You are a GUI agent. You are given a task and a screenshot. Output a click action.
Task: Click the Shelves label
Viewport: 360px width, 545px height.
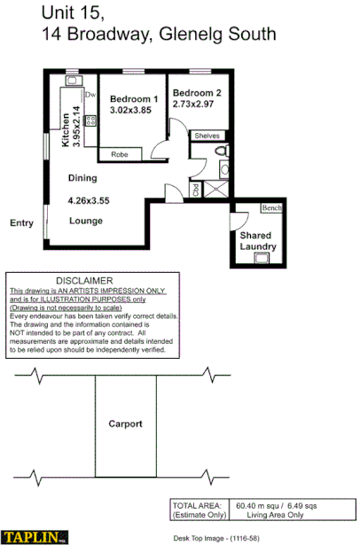click(207, 136)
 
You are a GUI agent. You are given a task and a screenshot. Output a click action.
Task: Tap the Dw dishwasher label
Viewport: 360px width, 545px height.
click(90, 94)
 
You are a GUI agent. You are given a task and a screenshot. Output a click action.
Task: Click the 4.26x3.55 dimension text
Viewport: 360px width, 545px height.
click(89, 200)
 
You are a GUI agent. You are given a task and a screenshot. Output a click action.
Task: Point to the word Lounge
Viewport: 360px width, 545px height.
click(86, 220)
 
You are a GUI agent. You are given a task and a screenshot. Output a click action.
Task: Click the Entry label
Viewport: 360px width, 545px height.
click(21, 223)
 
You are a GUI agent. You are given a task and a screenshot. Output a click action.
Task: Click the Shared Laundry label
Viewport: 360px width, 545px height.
click(260, 241)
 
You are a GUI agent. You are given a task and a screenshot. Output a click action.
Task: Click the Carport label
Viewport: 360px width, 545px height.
click(125, 424)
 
